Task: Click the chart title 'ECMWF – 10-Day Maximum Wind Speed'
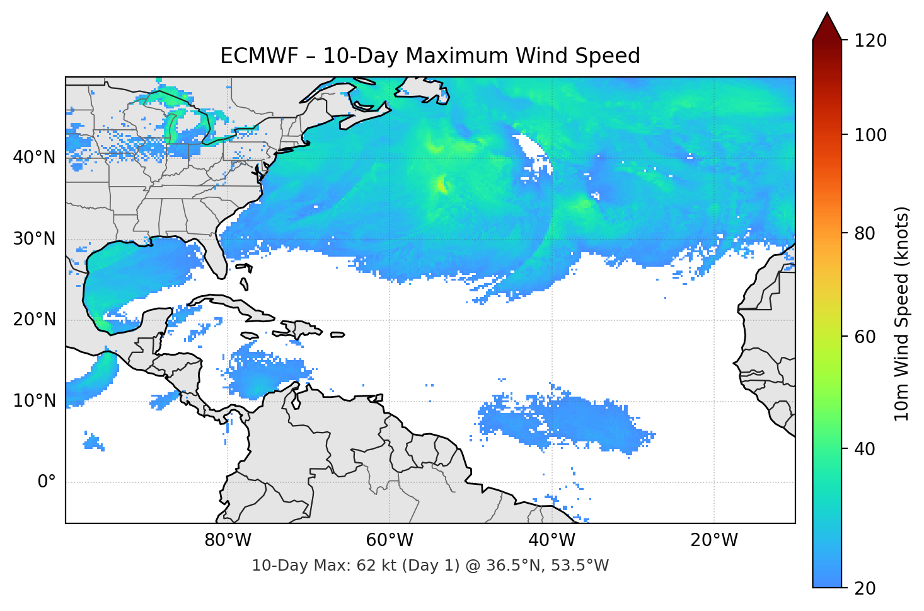click(430, 56)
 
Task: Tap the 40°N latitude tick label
click(34, 158)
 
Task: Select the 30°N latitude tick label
click(34, 239)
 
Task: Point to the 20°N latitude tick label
click(34, 320)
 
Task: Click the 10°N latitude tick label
click(34, 401)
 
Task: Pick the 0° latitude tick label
click(46, 482)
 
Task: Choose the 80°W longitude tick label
click(228, 540)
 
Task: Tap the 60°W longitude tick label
click(390, 540)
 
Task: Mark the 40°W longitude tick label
click(552, 540)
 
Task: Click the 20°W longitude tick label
click(713, 540)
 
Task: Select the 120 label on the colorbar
click(870, 41)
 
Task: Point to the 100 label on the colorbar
click(870, 135)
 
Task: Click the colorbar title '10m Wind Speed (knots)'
click(902, 313)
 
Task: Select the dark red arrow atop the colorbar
click(827, 27)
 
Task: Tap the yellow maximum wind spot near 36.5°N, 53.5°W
click(441, 185)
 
